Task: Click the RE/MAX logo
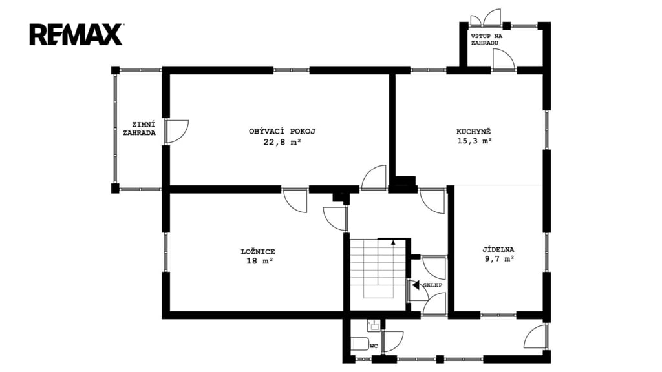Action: (x=76, y=34)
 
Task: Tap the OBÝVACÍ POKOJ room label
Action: (x=282, y=131)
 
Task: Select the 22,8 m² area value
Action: (x=282, y=142)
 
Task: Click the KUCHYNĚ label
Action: (x=474, y=131)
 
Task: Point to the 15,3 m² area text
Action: (x=475, y=141)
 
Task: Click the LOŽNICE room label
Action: (x=258, y=252)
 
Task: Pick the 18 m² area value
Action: (x=259, y=261)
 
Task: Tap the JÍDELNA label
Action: (x=498, y=249)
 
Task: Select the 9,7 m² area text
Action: (x=500, y=259)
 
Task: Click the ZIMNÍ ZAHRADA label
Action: (x=140, y=129)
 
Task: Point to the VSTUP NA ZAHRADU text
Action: (x=486, y=39)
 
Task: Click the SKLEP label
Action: (x=432, y=285)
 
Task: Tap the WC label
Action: (x=374, y=346)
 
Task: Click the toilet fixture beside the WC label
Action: (x=359, y=344)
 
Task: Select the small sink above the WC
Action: (x=374, y=325)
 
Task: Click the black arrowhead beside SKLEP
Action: (x=416, y=285)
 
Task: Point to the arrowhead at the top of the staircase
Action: (x=393, y=242)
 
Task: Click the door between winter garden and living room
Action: (x=176, y=131)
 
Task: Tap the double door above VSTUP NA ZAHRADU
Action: (x=486, y=17)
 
